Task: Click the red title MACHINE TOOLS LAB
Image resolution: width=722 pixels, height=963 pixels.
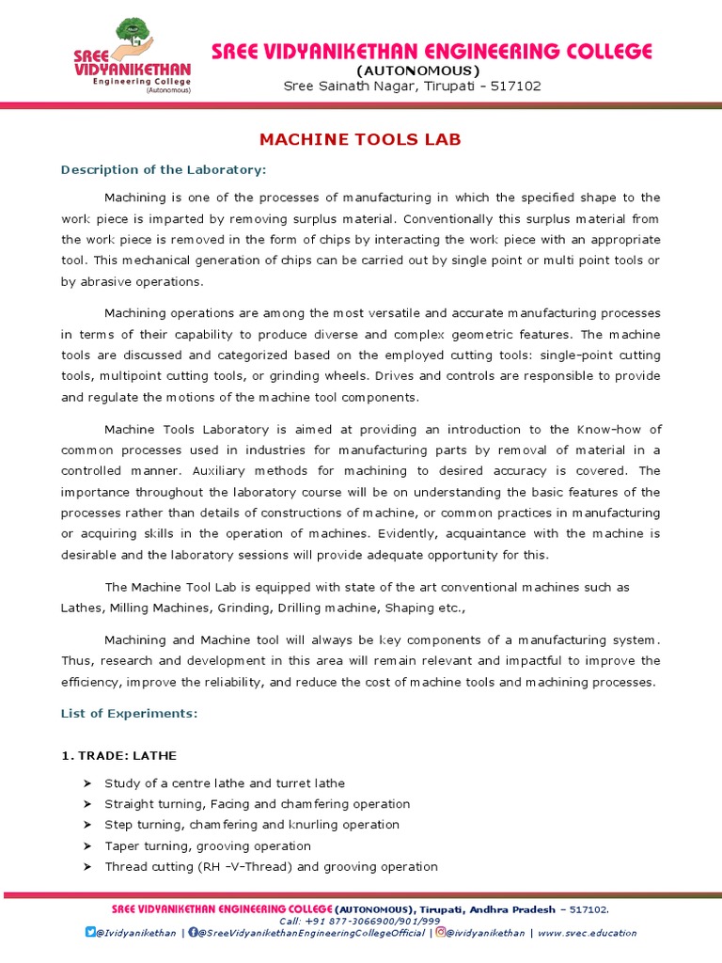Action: (x=360, y=140)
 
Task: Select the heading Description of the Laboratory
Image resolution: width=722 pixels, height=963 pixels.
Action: (x=164, y=169)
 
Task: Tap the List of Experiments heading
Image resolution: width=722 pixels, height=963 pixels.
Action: (x=129, y=714)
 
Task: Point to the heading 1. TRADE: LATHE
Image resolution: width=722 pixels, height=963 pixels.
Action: (x=118, y=755)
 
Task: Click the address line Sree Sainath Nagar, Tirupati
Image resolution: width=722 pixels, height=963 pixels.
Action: (x=412, y=87)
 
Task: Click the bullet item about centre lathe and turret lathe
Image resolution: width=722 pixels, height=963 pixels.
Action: (x=225, y=782)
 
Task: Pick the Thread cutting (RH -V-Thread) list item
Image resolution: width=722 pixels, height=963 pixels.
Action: (x=271, y=866)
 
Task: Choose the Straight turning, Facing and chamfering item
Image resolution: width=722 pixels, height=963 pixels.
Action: (x=257, y=804)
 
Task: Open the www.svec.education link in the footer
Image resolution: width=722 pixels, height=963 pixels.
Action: (x=588, y=933)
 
